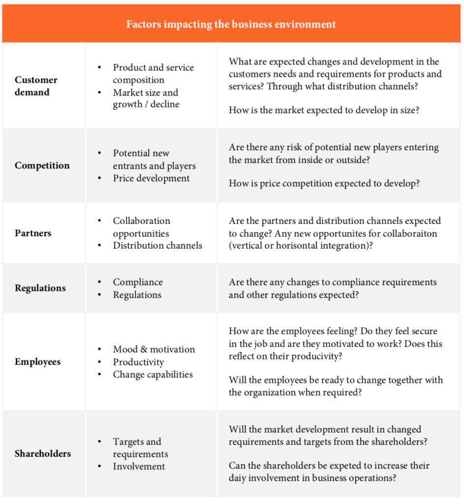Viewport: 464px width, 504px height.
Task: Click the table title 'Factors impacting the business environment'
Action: point(231,24)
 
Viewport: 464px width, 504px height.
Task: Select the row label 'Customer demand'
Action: point(35,86)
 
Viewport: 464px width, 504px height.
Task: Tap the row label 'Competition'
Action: point(42,165)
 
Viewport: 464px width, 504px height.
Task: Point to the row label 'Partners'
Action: point(32,233)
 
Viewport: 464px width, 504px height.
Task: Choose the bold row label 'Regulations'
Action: point(40,288)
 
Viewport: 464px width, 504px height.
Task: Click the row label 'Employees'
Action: point(37,362)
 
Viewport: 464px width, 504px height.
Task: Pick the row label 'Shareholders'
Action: point(42,453)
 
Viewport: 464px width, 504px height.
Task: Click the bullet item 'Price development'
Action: point(151,178)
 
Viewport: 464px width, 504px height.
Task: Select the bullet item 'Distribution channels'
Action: point(157,245)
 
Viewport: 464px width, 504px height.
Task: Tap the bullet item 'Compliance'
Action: point(138,282)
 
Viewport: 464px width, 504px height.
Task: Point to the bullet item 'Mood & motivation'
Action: point(154,349)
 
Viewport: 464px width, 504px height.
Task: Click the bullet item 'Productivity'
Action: point(138,362)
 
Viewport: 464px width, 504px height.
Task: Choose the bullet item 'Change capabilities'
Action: point(153,374)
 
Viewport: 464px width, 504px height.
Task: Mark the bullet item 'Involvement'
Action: point(139,466)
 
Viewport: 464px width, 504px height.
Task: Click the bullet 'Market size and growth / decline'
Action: point(146,98)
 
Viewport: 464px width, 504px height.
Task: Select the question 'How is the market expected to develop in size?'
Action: point(324,110)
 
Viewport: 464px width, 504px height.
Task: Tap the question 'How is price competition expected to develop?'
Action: point(324,183)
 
